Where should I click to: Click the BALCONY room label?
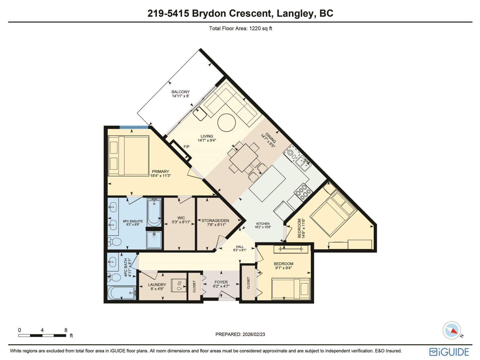(x=180, y=92)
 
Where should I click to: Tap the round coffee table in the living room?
(x=226, y=123)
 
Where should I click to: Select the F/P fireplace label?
(x=186, y=147)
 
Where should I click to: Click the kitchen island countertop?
(x=267, y=183)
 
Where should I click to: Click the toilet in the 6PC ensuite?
(x=114, y=241)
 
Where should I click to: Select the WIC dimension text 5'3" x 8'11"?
(x=181, y=222)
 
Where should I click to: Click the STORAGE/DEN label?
(x=213, y=220)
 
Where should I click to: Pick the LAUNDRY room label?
(x=157, y=284)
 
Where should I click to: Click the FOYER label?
(x=221, y=282)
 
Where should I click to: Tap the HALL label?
(x=240, y=247)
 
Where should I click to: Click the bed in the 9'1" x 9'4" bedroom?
(x=290, y=289)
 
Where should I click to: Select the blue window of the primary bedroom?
(x=134, y=127)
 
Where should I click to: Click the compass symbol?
(x=452, y=330)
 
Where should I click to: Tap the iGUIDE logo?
(x=449, y=352)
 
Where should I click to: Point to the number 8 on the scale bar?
(x=66, y=330)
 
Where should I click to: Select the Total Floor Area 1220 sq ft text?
(x=240, y=28)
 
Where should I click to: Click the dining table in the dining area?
(x=244, y=158)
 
